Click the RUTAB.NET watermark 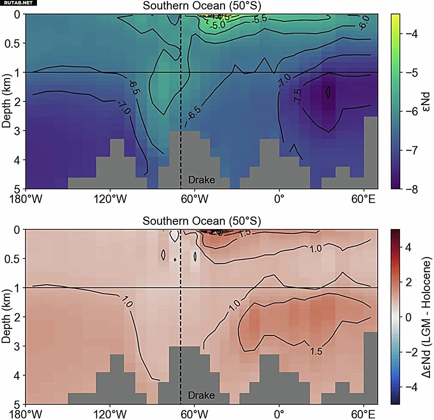pyautogui.click(x=18, y=3)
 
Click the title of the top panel pyautogui.click(x=202, y=6)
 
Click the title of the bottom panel pyautogui.click(x=202, y=221)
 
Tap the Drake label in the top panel pyautogui.click(x=201, y=180)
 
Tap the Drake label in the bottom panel pyautogui.click(x=201, y=396)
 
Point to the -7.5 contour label pyautogui.click(x=297, y=97)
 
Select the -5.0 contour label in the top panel pyautogui.click(x=217, y=25)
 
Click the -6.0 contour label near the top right pyautogui.click(x=364, y=22)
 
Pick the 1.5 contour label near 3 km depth pyautogui.click(x=316, y=351)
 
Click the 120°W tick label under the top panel pyautogui.click(x=110, y=199)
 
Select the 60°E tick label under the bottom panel pyautogui.click(x=363, y=415)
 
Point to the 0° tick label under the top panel pyautogui.click(x=279, y=199)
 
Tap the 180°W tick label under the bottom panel pyautogui.click(x=26, y=415)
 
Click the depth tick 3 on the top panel pyautogui.click(x=17, y=131)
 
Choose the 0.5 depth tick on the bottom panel pyautogui.click(x=12, y=259)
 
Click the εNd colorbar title pyautogui.click(x=426, y=101)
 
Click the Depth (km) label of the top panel pyautogui.click(x=6, y=101)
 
